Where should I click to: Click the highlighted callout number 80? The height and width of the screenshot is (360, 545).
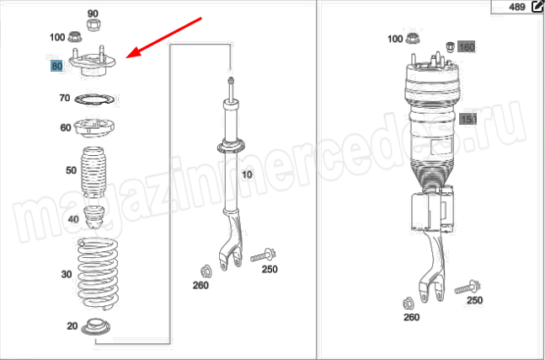[56, 66]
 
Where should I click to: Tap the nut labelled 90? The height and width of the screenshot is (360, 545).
[94, 25]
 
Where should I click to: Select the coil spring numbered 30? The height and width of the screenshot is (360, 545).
[98, 273]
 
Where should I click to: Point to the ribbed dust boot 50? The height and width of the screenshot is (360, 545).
[94, 172]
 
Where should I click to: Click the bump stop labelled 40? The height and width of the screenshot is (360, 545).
[94, 218]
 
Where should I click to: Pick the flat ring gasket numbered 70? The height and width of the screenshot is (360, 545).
[94, 100]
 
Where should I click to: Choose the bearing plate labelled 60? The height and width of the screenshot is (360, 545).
[94, 128]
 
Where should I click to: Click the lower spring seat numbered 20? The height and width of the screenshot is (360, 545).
[95, 326]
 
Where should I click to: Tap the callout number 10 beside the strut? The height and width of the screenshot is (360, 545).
[247, 174]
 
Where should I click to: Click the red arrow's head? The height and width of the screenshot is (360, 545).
[132, 54]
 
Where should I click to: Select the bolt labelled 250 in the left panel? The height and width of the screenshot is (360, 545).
[263, 256]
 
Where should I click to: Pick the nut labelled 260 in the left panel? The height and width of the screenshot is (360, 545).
[206, 271]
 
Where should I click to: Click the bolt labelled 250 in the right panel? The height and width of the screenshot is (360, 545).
[468, 287]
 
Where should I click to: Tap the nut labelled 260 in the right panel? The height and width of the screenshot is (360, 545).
[409, 304]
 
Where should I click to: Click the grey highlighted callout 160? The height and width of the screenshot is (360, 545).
[466, 46]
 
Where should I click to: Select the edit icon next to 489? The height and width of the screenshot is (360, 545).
[537, 7]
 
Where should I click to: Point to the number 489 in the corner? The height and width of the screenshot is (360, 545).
[517, 7]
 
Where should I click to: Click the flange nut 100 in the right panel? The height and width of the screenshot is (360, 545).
[413, 38]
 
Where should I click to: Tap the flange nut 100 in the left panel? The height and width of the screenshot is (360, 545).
[75, 36]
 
